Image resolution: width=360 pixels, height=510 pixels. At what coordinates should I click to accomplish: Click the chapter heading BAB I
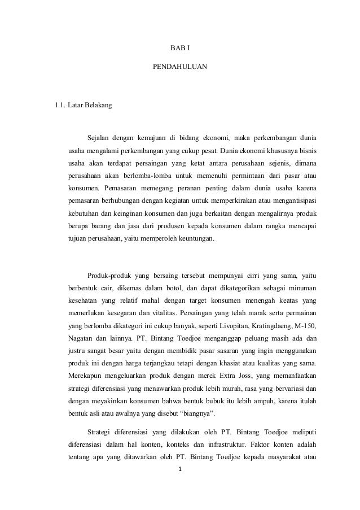pos(180,49)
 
